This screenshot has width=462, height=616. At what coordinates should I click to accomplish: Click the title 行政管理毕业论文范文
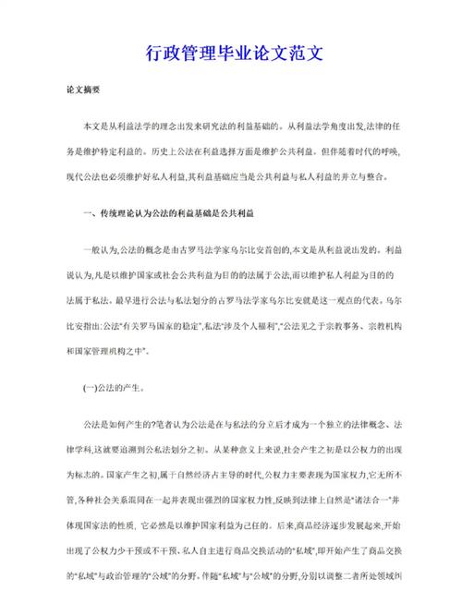pos(231,54)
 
